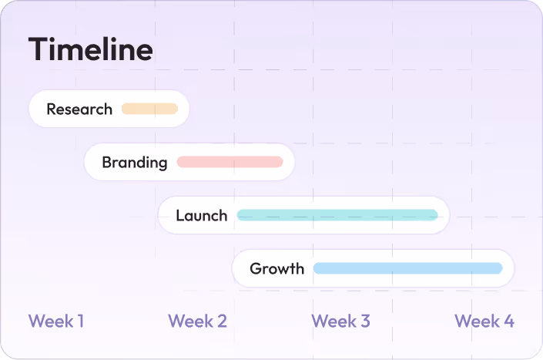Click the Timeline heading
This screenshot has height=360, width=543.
coord(90,49)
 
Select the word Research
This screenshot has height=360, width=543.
coord(79,109)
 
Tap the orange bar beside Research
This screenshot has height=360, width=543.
coord(149,109)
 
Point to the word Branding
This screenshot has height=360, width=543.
coord(135,163)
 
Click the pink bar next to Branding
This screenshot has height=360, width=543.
coord(230,162)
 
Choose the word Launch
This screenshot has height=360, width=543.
coord(202,216)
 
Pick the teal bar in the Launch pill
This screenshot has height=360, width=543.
coord(337,215)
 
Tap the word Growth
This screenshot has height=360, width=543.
coord(277,269)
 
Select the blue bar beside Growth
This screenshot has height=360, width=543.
coord(408,268)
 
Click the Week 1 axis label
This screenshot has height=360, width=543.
coord(56,321)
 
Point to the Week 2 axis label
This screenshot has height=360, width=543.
coord(197,321)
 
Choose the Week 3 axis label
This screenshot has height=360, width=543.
coord(340,321)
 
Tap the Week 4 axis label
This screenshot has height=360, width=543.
coord(484,321)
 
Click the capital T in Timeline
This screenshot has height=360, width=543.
coord(39,49)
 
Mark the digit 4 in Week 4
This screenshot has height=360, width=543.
coord(508,321)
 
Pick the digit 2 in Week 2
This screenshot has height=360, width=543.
coord(222,321)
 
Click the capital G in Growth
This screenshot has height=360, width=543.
coord(256,268)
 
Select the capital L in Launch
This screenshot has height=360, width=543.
coord(180,216)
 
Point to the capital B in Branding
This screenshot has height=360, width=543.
coord(107,162)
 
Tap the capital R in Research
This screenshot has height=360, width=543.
coord(52,109)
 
